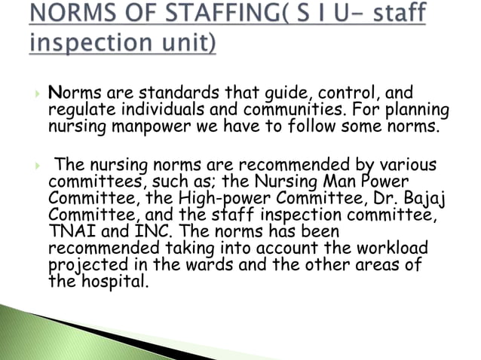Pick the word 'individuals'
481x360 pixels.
pos(149,111)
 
